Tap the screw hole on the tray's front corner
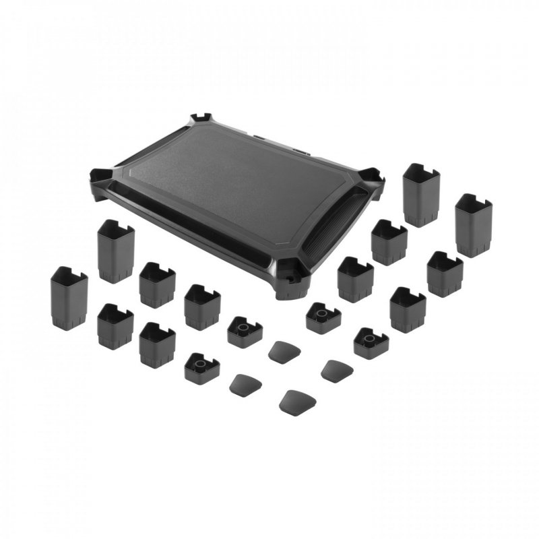[x=292, y=276]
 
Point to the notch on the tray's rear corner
[x=201, y=119]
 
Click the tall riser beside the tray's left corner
[x=116, y=251]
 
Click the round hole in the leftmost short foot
[x=200, y=363]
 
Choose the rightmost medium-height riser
[x=445, y=274]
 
